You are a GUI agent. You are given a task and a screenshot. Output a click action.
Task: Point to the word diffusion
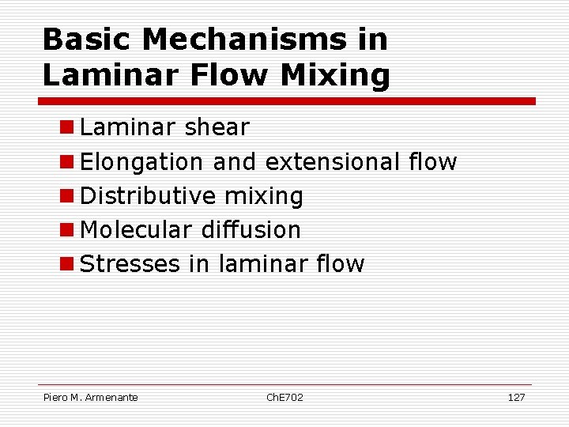[251, 229]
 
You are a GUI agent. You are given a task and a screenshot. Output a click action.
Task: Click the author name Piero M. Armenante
[90, 397]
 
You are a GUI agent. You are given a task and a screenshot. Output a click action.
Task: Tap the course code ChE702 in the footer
[284, 397]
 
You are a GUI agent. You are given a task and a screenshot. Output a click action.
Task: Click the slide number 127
[515, 397]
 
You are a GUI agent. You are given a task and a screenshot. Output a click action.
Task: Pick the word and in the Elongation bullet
[235, 161]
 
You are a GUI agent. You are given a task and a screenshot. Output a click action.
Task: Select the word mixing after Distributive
[264, 196]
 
